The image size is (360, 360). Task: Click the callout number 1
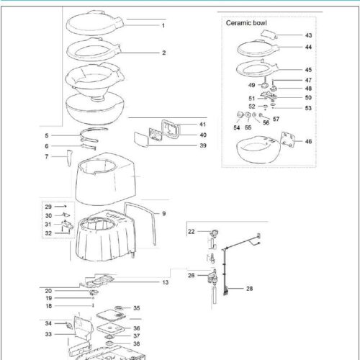[x=163, y=25]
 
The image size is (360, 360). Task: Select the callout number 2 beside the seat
[x=163, y=53]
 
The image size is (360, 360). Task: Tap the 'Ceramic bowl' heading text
[x=246, y=23]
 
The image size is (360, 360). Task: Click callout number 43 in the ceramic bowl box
[x=308, y=35]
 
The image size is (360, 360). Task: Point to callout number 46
[x=308, y=143]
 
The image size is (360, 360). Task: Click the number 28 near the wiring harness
[x=249, y=288]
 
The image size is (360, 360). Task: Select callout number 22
[x=192, y=231]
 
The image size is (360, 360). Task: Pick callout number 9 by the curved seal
[x=163, y=214]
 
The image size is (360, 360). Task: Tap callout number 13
[x=165, y=282]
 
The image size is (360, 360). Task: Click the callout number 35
[x=136, y=308]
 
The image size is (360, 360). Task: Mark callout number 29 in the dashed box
[x=48, y=207]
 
